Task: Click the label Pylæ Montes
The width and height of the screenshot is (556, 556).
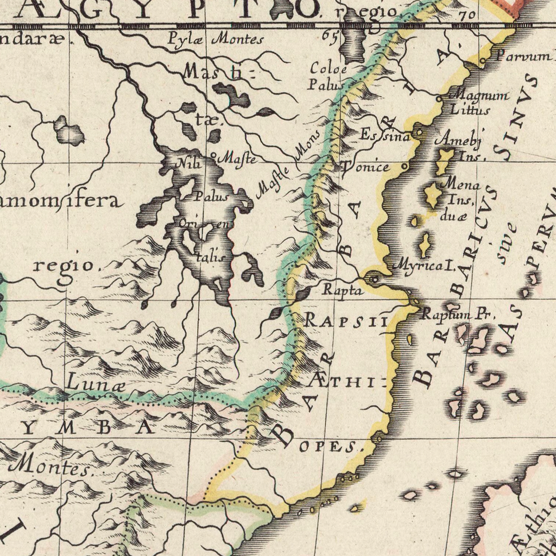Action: click(215, 39)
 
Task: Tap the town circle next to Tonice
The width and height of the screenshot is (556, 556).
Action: click(405, 166)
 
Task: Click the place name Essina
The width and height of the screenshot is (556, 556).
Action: click(384, 136)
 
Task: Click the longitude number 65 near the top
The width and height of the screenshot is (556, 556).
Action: click(328, 35)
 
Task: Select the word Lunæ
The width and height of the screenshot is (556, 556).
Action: click(96, 382)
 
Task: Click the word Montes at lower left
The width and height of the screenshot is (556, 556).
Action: click(52, 466)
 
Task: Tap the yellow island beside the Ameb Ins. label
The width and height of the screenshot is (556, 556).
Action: click(445, 161)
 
